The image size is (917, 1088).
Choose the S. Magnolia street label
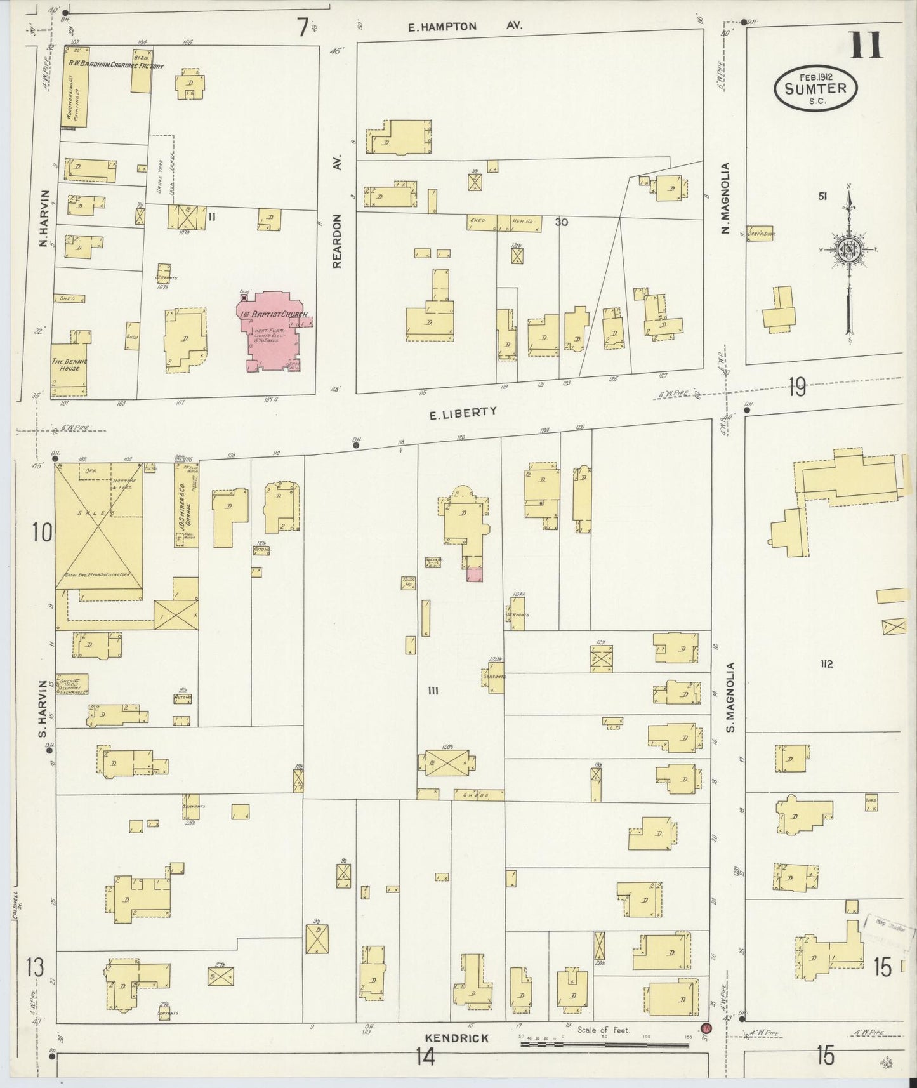click(731, 697)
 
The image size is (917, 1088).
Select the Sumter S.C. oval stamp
click(815, 88)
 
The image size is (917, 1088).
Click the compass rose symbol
click(848, 249)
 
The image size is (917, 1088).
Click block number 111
click(434, 691)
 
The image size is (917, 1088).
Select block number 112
click(826, 664)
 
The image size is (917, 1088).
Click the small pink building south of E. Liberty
click(474, 574)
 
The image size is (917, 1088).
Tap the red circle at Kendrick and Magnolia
click(705, 1028)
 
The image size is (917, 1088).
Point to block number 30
click(561, 222)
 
